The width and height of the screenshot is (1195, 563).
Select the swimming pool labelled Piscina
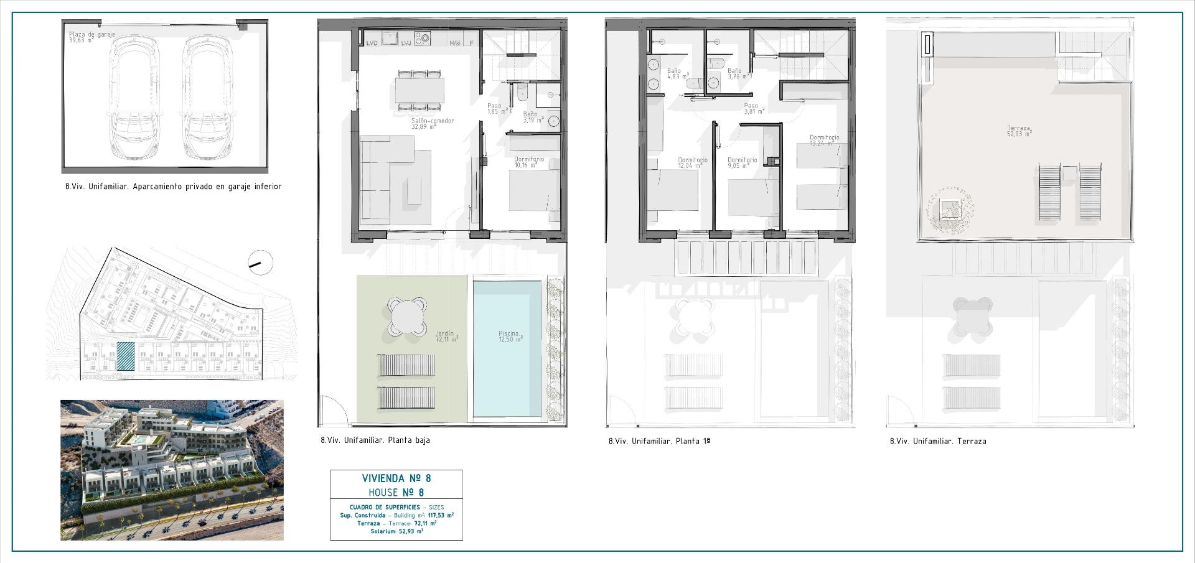click(507, 349)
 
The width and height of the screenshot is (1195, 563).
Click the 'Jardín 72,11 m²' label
click(446, 337)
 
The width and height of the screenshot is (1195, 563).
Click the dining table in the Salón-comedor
click(419, 91)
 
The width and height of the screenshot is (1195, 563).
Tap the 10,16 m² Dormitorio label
click(528, 162)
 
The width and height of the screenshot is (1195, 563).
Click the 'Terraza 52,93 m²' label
click(1019, 131)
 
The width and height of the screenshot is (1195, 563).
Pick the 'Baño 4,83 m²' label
click(673, 74)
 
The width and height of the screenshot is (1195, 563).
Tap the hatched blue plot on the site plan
click(126, 356)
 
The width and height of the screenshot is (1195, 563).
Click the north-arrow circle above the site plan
click(260, 263)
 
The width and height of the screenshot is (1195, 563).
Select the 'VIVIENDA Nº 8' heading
click(396, 478)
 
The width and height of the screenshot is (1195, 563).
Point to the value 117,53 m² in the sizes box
click(440, 515)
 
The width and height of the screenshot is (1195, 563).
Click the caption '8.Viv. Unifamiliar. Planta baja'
click(375, 440)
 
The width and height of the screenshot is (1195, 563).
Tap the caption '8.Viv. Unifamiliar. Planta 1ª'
click(659, 441)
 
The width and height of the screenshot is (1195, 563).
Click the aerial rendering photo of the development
click(172, 470)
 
